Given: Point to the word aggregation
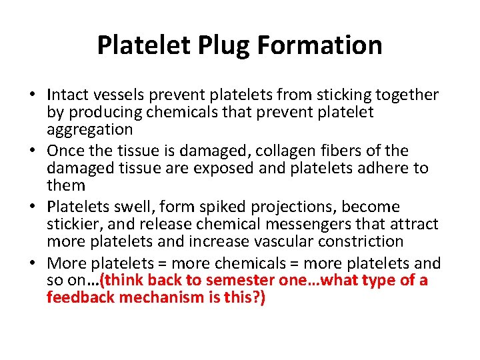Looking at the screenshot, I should [89, 129].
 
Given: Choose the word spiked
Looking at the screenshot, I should [220, 207].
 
